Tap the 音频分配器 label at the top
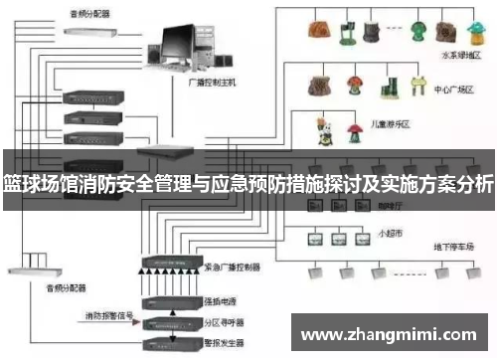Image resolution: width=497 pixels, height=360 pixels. tap(90, 14)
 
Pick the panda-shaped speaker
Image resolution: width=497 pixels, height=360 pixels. tap(322, 129)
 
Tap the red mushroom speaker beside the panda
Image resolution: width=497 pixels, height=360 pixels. tap(352, 130)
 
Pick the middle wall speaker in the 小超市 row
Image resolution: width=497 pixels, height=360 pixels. tap(338, 239)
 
